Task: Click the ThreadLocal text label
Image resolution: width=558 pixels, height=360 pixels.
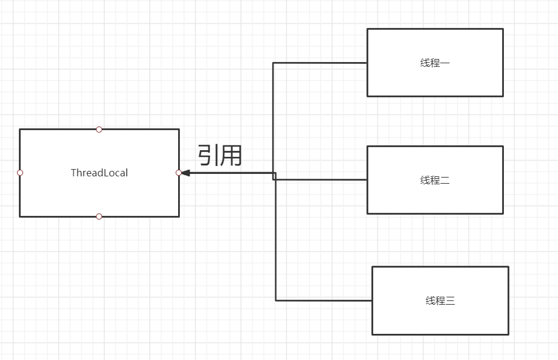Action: (99, 173)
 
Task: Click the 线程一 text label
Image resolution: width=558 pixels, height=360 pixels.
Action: (435, 63)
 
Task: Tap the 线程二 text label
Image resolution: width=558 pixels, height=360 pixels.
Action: (435, 180)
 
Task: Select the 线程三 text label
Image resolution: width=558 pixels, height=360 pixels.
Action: (440, 300)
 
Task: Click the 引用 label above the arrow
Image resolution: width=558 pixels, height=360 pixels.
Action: (220, 156)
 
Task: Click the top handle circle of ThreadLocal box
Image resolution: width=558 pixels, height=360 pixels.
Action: (99, 129)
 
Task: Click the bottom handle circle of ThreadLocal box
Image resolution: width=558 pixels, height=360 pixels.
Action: (99, 216)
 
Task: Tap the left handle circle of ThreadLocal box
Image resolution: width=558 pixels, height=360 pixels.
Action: (20, 173)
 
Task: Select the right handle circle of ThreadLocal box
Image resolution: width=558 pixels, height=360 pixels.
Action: (179, 173)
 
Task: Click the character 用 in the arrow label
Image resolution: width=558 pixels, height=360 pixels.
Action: (232, 156)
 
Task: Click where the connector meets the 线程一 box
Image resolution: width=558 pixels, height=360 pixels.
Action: (367, 63)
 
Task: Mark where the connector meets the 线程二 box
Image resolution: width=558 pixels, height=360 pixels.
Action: (367, 180)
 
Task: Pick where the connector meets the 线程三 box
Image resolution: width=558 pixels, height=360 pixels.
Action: (372, 300)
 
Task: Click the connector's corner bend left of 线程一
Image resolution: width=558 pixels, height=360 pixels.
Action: (273, 63)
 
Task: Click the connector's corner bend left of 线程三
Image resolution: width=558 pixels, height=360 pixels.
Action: (276, 300)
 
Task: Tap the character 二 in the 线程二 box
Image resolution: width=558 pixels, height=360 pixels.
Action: (444, 180)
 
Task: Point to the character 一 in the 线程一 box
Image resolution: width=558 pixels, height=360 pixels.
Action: (444, 63)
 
